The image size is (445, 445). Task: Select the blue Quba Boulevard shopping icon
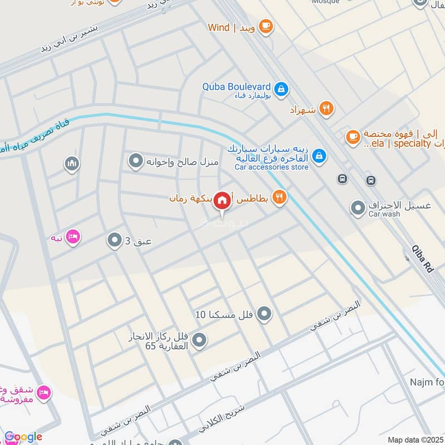click(281, 88)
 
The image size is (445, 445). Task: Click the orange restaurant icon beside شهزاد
click(327, 110)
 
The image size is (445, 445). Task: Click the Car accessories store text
click(271, 166)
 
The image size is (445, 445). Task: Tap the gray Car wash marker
click(358, 209)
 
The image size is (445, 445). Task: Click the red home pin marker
click(222, 200)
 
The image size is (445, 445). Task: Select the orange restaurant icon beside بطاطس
click(280, 197)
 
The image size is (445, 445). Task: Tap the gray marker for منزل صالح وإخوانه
click(136, 162)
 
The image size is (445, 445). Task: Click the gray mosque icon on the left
click(72, 164)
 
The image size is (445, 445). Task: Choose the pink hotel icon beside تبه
click(73, 238)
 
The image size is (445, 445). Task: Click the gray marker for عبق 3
click(115, 241)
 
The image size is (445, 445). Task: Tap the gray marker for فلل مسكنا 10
click(265, 314)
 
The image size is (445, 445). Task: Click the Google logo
click(23, 437)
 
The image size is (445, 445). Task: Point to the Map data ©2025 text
click(414, 439)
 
